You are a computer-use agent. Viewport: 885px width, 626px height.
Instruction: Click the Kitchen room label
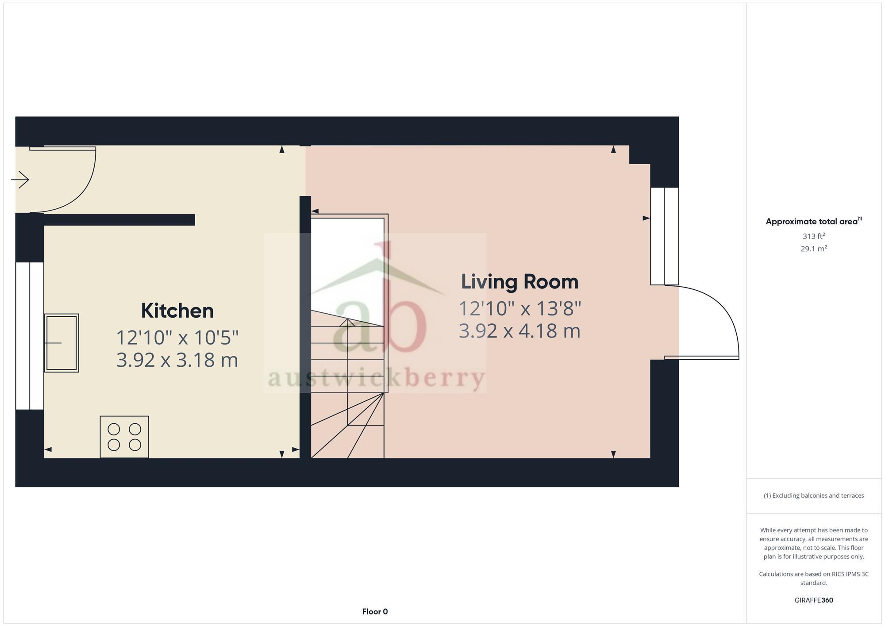177,311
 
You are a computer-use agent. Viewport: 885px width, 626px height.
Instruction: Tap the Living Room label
519,282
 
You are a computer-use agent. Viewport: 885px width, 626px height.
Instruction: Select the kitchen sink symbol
62,343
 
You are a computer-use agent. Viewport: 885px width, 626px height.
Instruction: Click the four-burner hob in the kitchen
124,437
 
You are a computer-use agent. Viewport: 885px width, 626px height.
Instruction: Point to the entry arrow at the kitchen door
20,180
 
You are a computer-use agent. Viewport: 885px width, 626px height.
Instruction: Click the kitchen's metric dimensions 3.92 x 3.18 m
177,360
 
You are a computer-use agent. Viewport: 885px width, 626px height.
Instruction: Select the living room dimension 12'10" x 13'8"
519,308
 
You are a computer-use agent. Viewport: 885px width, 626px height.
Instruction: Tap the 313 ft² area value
813,236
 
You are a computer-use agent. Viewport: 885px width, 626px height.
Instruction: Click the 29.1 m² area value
813,249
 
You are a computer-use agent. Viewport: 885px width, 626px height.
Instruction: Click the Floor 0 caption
375,611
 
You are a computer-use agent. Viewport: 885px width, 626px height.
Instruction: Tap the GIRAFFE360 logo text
813,600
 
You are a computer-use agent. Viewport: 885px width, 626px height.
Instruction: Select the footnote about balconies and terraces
813,495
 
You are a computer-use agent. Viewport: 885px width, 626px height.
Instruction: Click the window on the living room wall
664,236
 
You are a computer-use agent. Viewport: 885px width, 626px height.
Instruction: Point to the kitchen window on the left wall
30,336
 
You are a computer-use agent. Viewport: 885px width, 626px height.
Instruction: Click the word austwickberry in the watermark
376,379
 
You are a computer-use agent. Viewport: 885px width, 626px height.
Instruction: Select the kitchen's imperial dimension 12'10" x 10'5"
177,338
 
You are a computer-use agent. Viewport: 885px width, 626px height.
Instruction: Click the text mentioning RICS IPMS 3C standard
813,578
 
